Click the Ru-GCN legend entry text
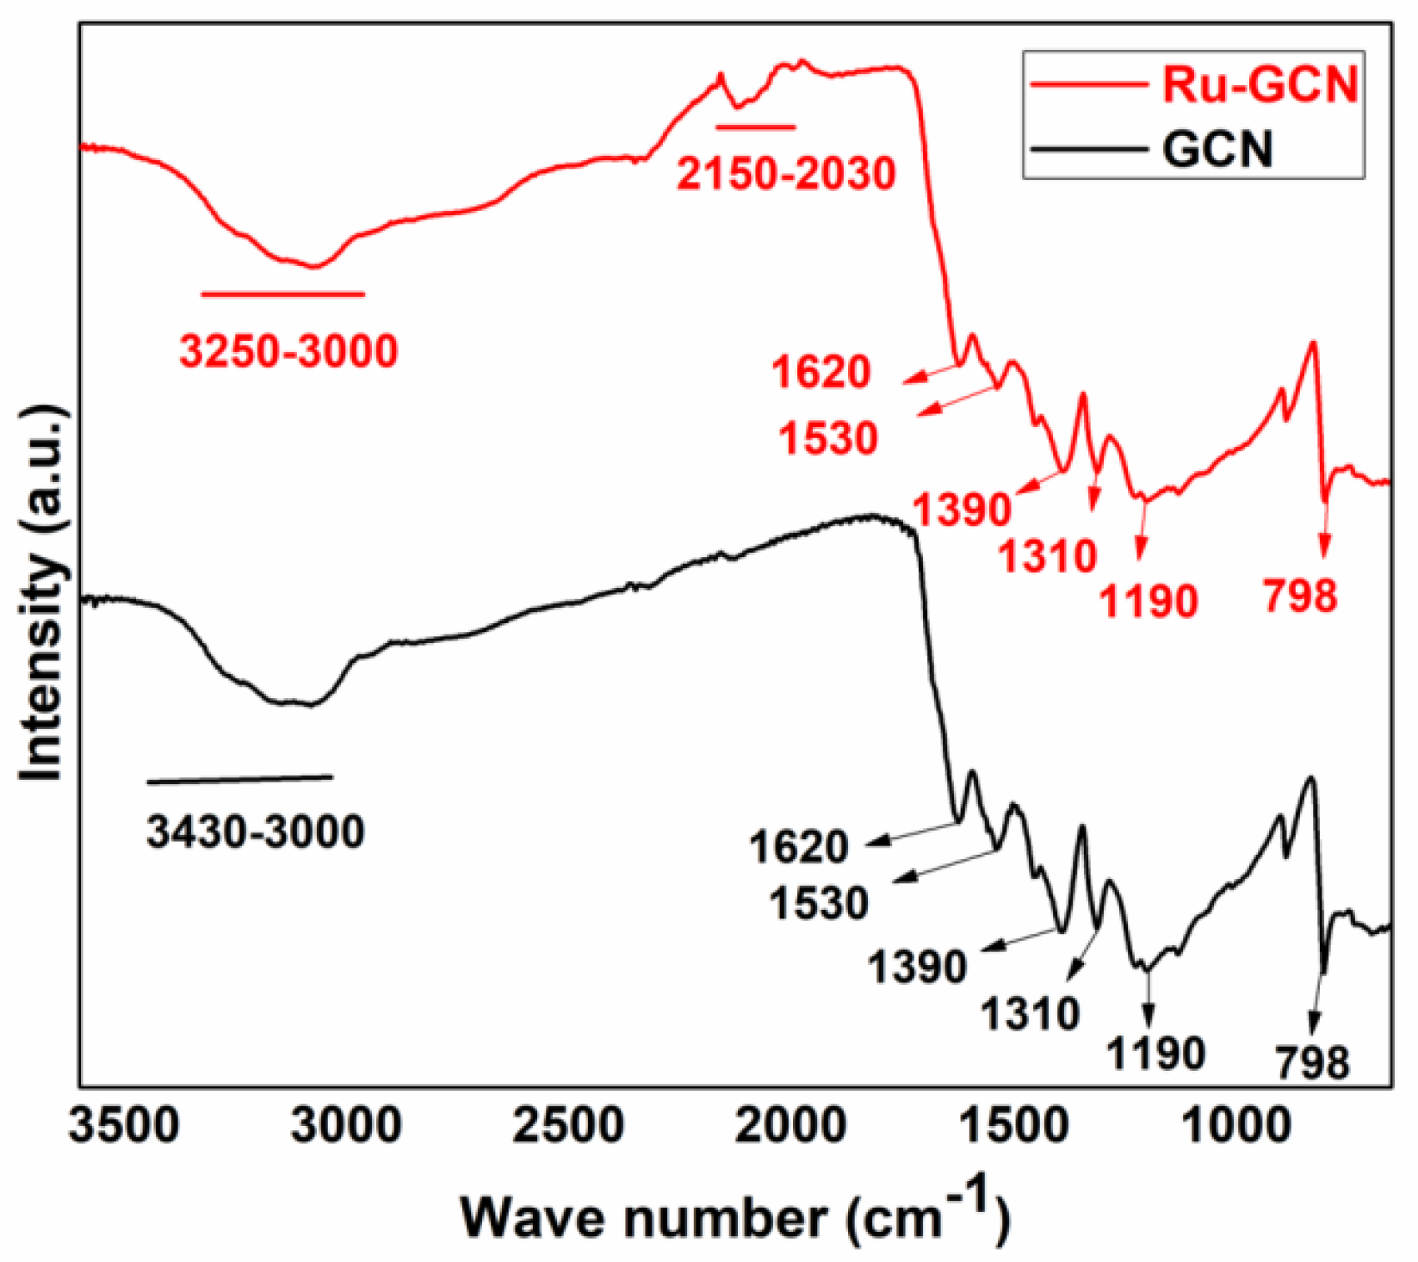(x=1260, y=84)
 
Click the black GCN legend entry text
(x=1217, y=149)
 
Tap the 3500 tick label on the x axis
(x=125, y=1125)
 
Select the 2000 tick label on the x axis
(x=790, y=1125)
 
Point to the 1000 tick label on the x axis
(x=1236, y=1125)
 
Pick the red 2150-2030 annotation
(x=786, y=174)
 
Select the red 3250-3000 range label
(x=288, y=350)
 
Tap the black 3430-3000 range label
(x=256, y=832)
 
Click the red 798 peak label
(x=1300, y=596)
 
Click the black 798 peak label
(x=1312, y=1063)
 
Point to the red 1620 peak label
(x=820, y=372)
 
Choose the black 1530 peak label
(x=819, y=903)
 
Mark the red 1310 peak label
(x=1048, y=557)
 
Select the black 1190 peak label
(x=1155, y=1053)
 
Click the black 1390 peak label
(x=917, y=967)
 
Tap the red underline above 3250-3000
(x=283, y=294)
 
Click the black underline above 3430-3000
(x=239, y=780)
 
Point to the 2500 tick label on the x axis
(x=568, y=1125)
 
